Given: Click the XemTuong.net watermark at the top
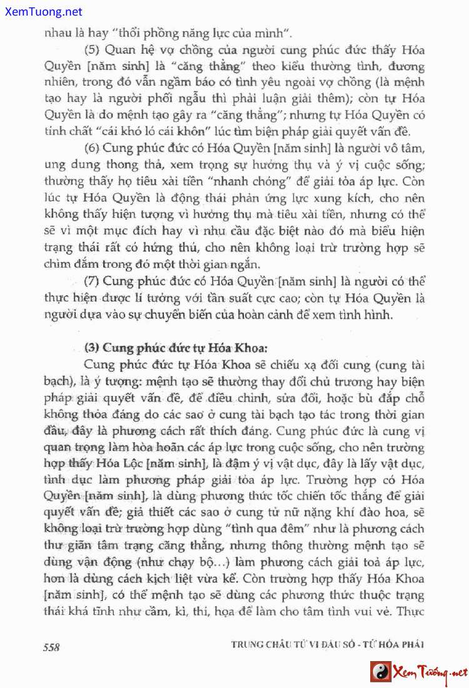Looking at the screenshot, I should pyautogui.click(x=42, y=12).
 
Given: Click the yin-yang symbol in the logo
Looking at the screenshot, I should pyautogui.click(x=380, y=672).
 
